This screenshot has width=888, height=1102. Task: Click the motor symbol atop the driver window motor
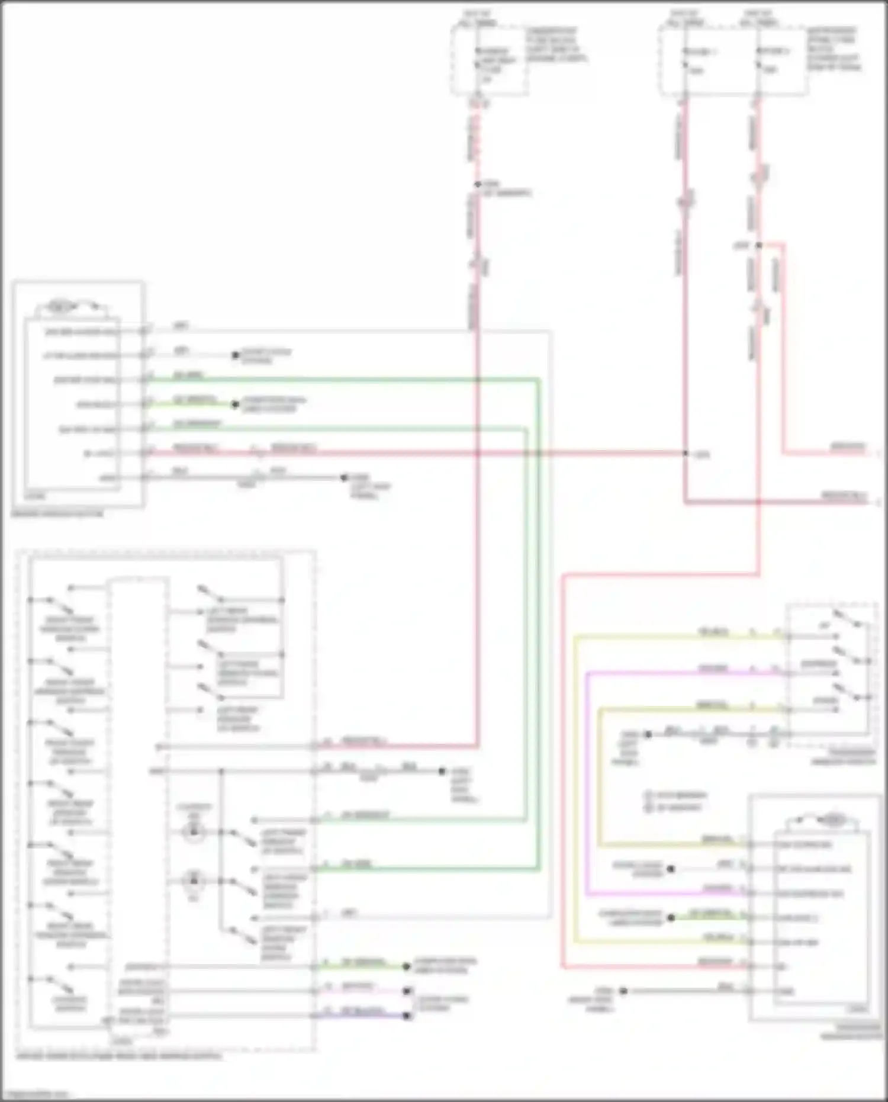pos(60,307)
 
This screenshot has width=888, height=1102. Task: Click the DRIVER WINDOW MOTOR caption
pos(57,513)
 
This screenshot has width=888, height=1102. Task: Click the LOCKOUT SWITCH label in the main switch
pos(70,1003)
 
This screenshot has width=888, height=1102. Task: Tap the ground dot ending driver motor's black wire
pos(344,477)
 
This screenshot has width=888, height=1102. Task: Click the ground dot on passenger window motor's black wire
pos(623,991)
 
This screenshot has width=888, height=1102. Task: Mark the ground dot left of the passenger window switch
pos(648,734)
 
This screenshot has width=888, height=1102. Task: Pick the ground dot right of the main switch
pos(442,771)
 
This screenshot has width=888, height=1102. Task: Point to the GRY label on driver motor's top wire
pos(181,326)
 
